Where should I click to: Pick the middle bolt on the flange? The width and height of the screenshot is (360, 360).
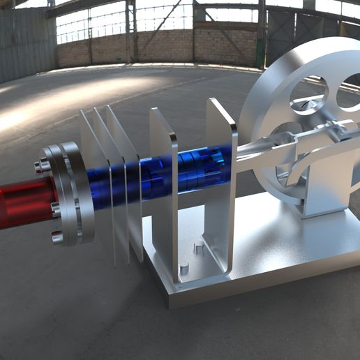tap(54, 207)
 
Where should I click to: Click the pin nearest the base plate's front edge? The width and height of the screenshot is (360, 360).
tap(184, 267)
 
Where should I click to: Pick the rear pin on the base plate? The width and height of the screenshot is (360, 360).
tap(198, 246)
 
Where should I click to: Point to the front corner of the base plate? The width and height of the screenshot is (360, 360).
tap(172, 297)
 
